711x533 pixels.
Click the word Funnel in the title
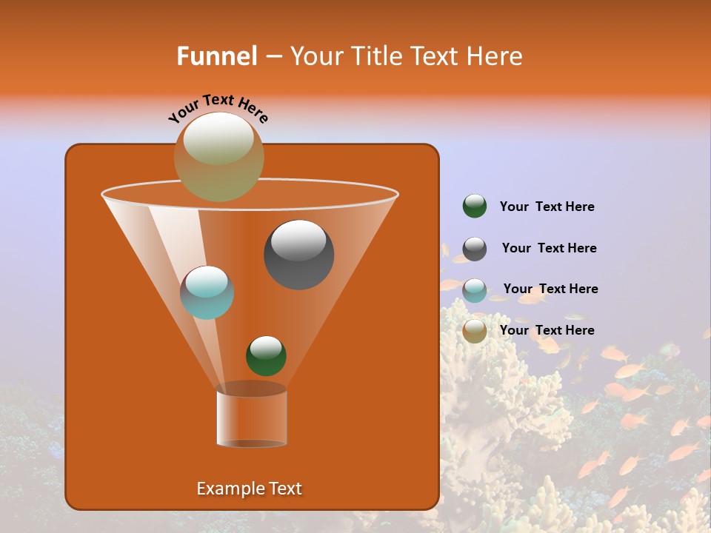(x=216, y=56)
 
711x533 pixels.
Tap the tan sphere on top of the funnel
(x=219, y=157)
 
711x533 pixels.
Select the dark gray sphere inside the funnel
(x=299, y=255)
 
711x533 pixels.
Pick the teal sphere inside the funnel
(x=207, y=292)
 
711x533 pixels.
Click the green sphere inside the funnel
(x=266, y=355)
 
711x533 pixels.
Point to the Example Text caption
(x=249, y=489)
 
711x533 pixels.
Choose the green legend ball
(x=475, y=207)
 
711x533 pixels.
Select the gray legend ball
(x=475, y=249)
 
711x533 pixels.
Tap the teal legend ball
(x=475, y=290)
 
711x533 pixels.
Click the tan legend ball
(x=475, y=331)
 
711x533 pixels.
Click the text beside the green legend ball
(x=547, y=207)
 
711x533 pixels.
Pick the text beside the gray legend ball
(x=549, y=248)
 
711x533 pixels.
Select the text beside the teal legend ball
(x=550, y=289)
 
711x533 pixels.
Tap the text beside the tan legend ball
(x=547, y=330)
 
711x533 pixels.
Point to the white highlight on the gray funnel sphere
(x=298, y=240)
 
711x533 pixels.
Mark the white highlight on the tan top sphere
(x=218, y=138)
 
